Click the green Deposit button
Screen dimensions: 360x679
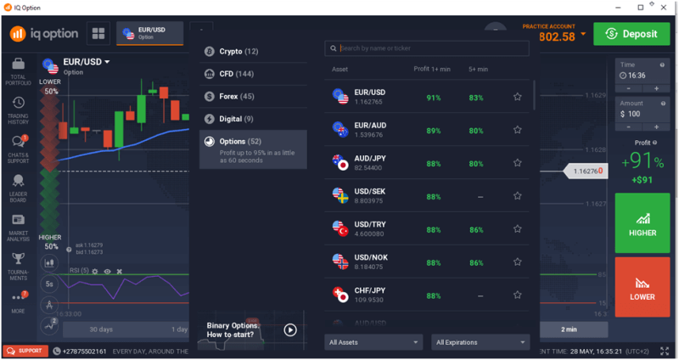pyautogui.click(x=630, y=34)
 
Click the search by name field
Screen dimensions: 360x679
pyautogui.click(x=428, y=48)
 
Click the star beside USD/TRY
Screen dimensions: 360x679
pyautogui.click(x=518, y=230)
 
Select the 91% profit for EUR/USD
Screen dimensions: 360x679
pyautogui.click(x=433, y=98)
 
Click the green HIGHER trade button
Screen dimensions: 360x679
pyautogui.click(x=642, y=222)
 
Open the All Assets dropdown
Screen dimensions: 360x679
pyautogui.click(x=373, y=342)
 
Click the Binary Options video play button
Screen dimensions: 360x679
pyautogui.click(x=290, y=329)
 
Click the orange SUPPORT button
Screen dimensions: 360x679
pyautogui.click(x=25, y=351)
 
